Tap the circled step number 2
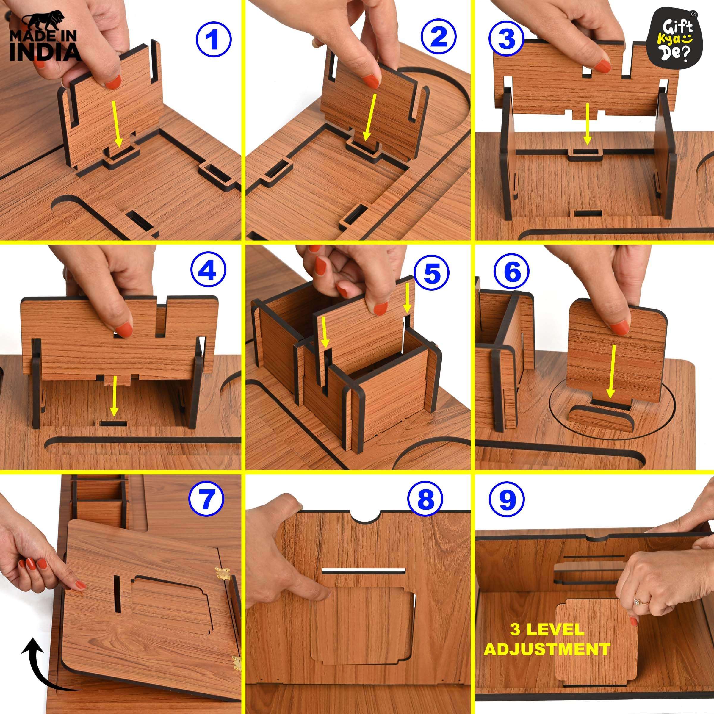439,38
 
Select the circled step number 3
506,38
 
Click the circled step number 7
206,499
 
